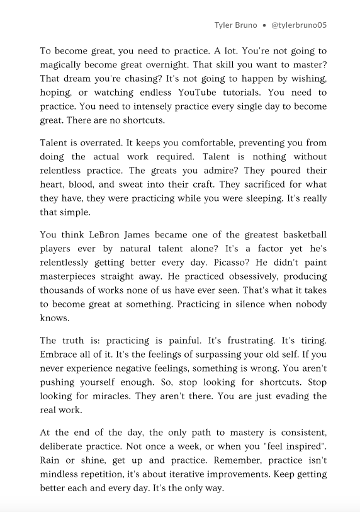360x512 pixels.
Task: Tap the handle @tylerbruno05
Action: (x=299, y=25)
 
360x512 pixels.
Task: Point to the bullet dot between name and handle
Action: (x=263, y=25)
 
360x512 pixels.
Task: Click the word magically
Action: (x=64, y=65)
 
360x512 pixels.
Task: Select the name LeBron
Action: (x=110, y=236)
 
